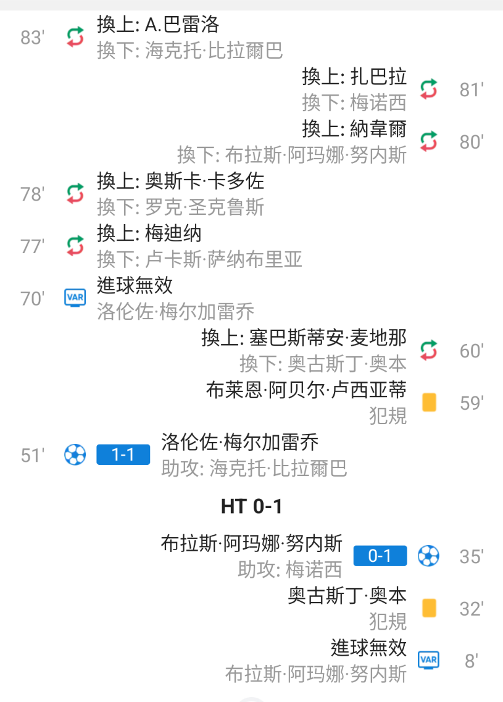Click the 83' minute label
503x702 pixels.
(32, 38)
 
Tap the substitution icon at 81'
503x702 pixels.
(428, 90)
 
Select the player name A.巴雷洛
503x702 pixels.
(182, 25)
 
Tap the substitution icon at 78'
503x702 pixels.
(75, 194)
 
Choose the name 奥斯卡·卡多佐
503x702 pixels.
(204, 181)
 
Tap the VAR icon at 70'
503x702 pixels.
(75, 298)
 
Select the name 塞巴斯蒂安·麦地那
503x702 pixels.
(328, 338)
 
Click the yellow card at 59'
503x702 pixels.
(429, 403)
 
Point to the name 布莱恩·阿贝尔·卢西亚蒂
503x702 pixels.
(306, 390)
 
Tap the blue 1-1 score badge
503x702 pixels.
(123, 455)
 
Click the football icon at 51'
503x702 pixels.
(75, 455)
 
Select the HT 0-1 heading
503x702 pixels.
(251, 506)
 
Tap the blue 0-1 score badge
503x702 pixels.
(380, 556)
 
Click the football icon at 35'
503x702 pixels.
(428, 556)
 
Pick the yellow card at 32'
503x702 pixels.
(429, 608)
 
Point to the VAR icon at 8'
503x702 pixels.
(428, 660)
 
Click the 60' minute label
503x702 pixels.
(471, 351)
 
